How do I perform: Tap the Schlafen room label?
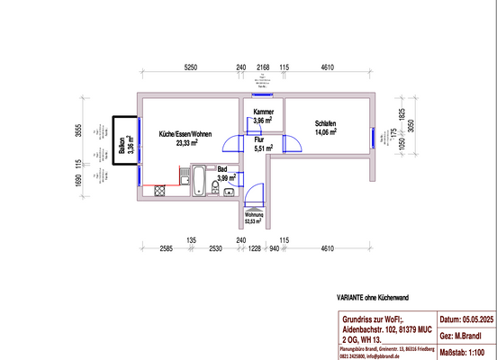325,124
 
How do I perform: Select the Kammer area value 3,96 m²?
262,121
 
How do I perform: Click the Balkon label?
122,147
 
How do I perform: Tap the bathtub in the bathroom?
199,184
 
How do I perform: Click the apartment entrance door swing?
253,193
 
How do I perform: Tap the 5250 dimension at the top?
190,67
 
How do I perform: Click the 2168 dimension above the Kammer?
262,67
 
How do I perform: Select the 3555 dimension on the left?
79,132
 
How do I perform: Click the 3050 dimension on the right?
412,128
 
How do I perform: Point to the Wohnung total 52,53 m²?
253,218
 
